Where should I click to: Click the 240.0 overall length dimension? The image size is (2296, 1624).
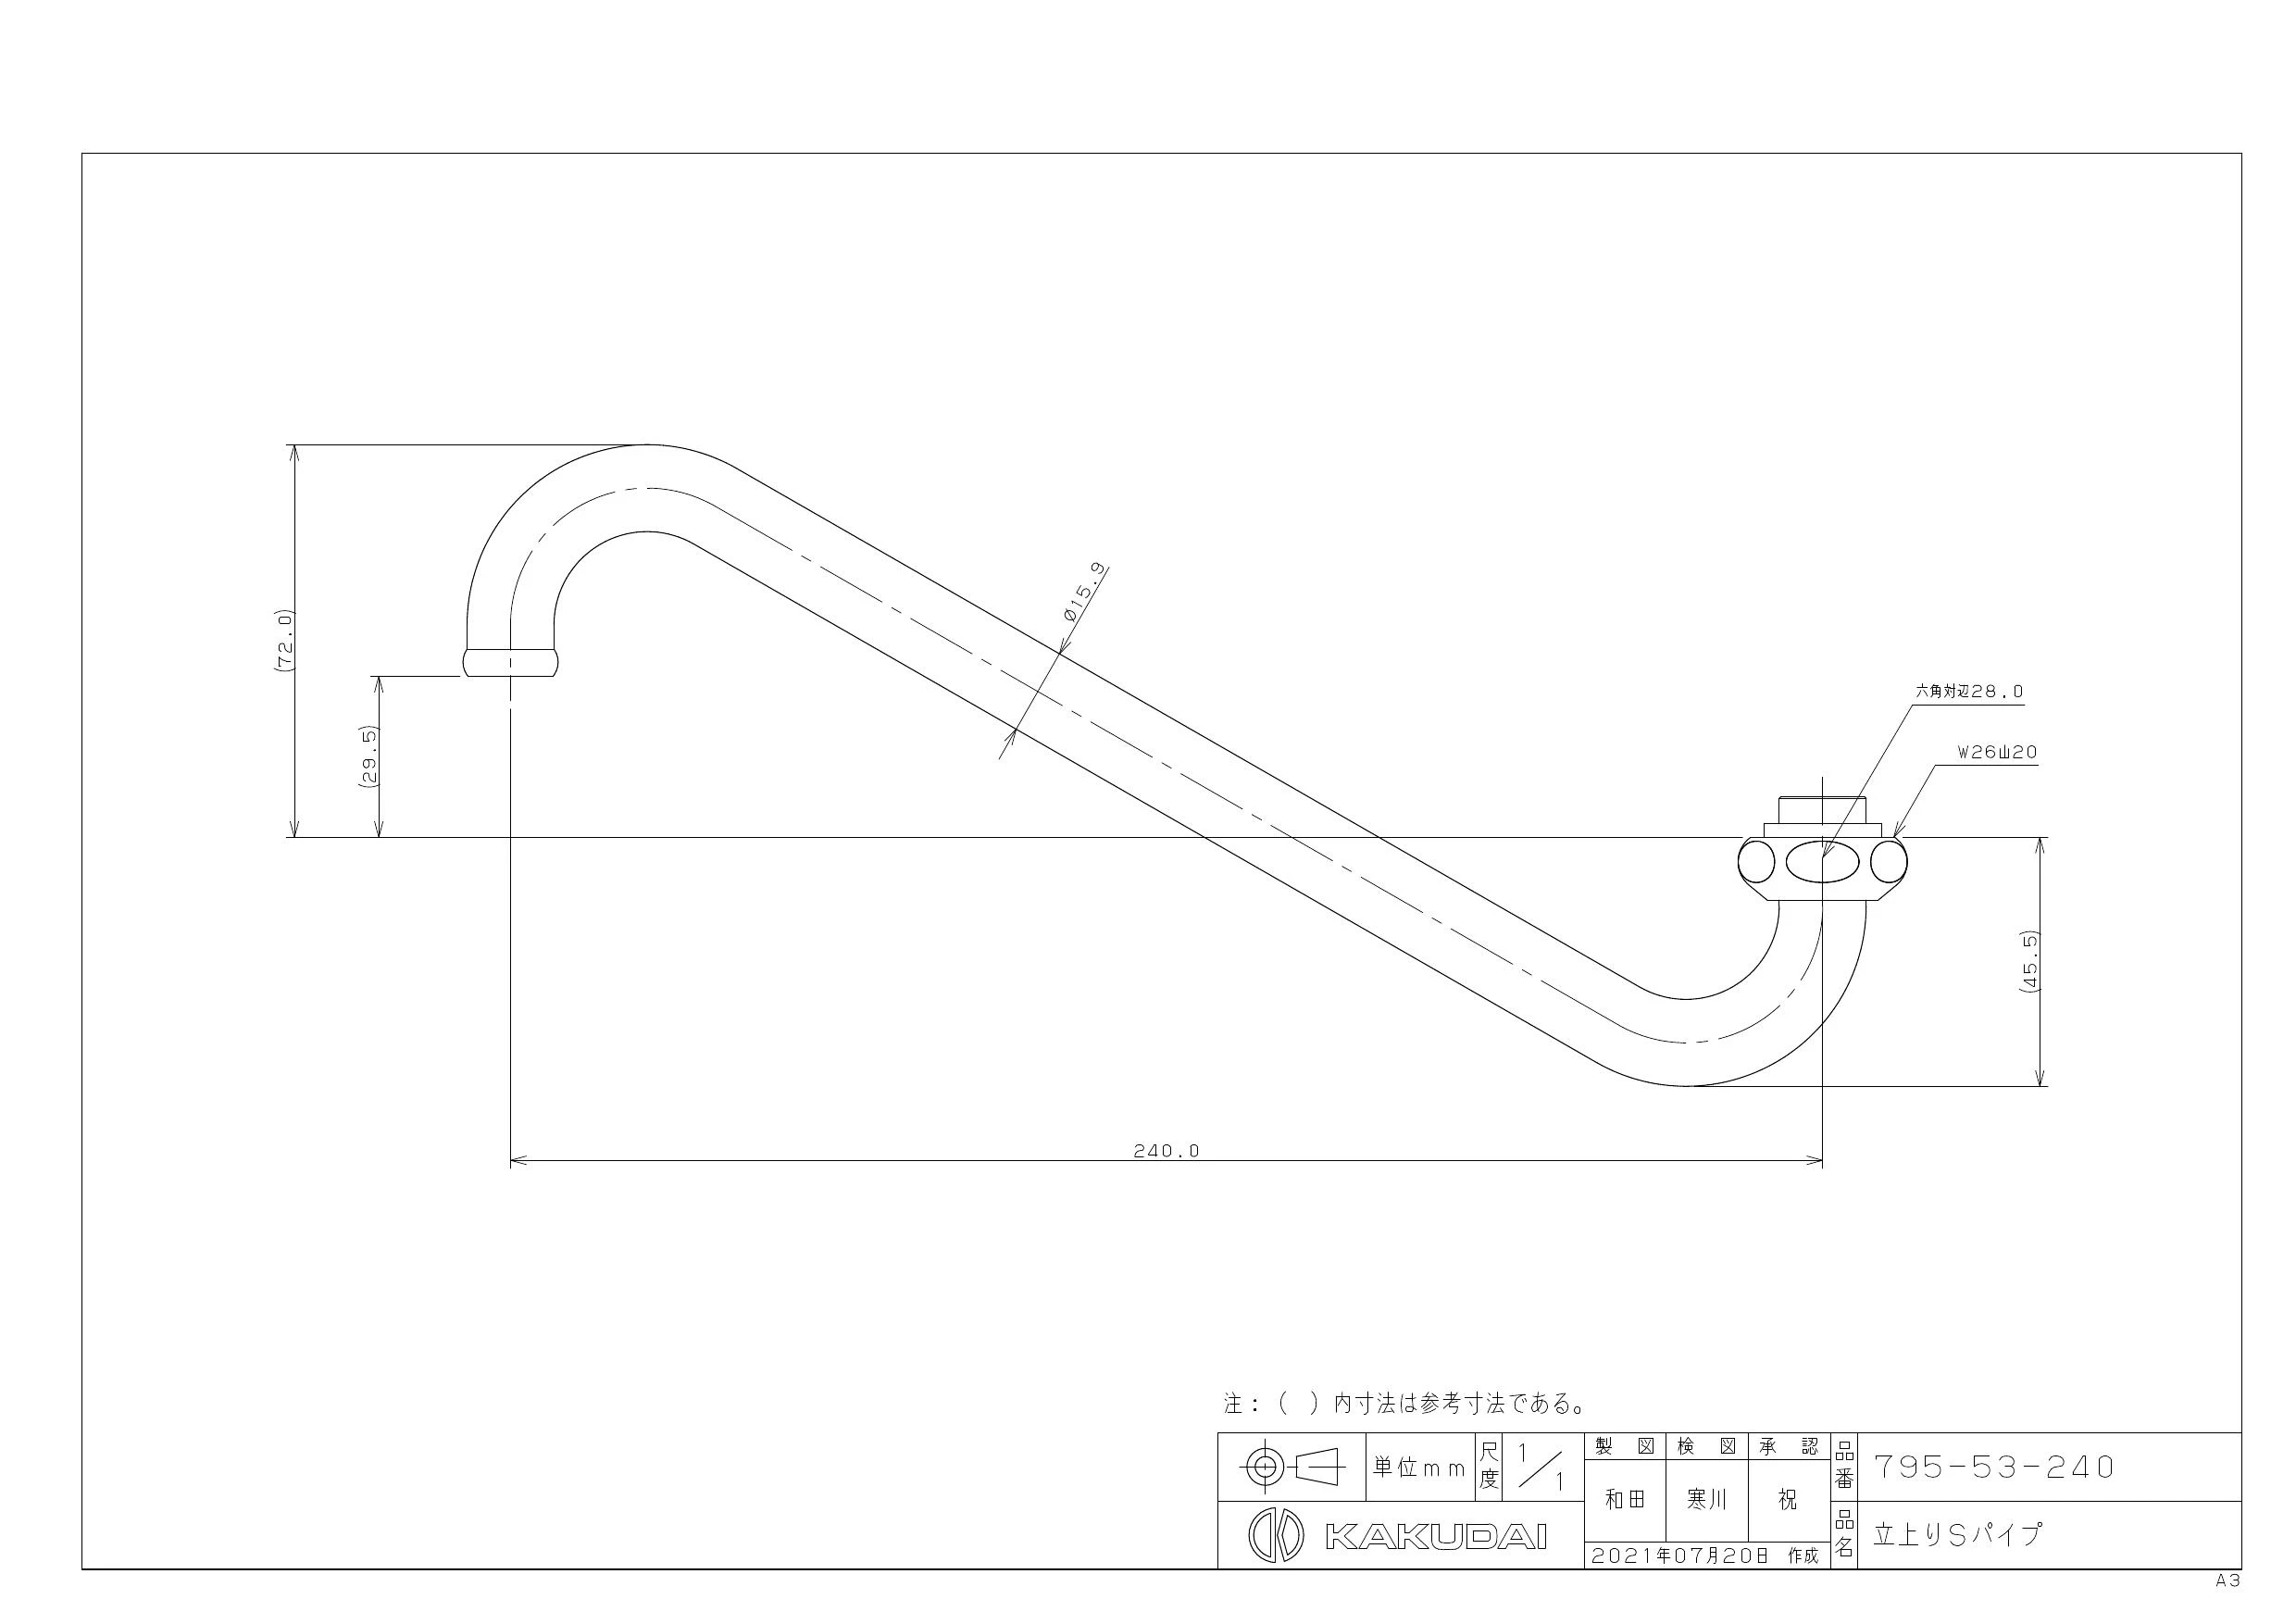click(x=1166, y=1151)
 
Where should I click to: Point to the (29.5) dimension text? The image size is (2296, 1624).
click(x=367, y=759)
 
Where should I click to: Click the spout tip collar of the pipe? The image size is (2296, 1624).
click(x=510, y=663)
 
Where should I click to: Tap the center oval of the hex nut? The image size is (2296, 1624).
click(x=1821, y=862)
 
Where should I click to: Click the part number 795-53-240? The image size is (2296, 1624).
click(x=1993, y=1467)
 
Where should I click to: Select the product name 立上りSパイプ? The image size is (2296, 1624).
click(x=1957, y=1534)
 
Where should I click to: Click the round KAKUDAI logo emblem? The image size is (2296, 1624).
click(x=1276, y=1535)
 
